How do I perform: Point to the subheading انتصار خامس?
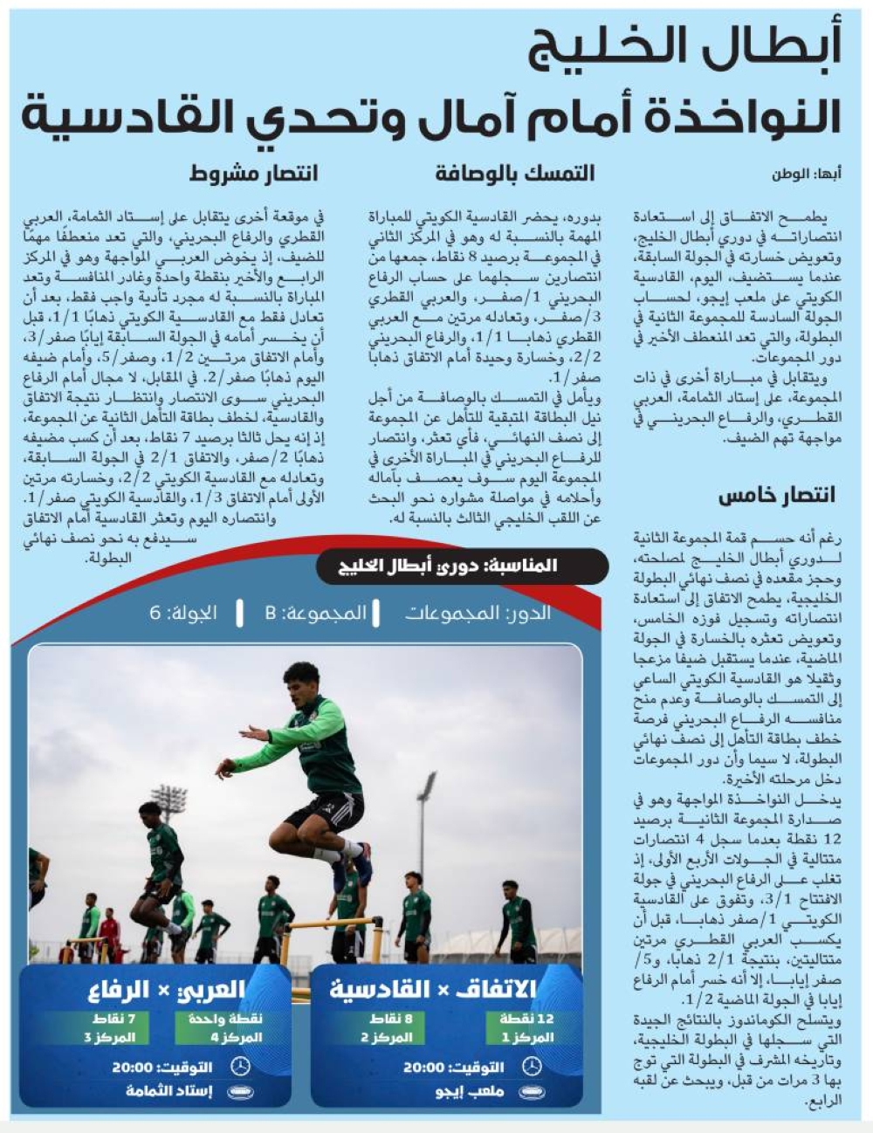(776, 496)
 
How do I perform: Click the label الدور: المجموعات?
(478, 613)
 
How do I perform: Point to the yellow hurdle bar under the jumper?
(332, 924)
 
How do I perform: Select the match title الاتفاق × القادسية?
(433, 989)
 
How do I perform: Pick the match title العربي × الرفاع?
(166, 990)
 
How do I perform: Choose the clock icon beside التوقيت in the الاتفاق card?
(531, 1067)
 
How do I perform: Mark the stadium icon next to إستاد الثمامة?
(239, 1091)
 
